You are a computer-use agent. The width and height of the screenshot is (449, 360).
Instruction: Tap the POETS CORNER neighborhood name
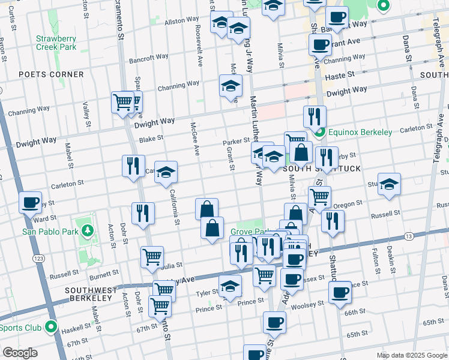coord(51,74)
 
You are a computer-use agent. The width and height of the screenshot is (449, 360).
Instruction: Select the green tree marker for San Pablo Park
coord(88,230)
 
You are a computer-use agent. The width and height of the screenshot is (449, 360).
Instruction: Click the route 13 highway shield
coord(409,236)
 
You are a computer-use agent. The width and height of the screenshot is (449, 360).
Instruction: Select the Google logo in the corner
coord(20,353)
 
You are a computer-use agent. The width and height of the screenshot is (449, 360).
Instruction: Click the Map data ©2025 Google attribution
coord(411,355)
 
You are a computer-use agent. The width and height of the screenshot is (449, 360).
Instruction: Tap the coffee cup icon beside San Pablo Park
coord(30,203)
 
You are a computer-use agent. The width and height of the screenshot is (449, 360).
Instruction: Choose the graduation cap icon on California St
coord(166,173)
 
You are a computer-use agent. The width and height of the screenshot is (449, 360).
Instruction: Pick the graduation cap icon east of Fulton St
coord(390,185)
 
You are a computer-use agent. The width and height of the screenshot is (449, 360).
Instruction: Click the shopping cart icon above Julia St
coord(152,257)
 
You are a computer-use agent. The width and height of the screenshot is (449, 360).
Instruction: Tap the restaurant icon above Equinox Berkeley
coord(315,117)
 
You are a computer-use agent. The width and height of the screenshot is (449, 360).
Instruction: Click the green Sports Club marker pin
coord(51,328)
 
